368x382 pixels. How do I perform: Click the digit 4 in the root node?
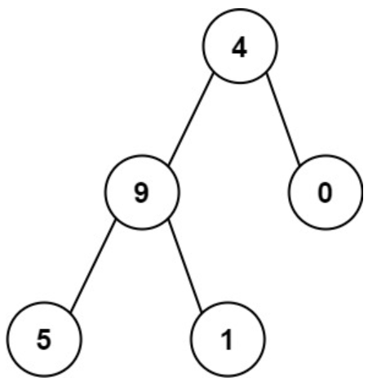(239, 49)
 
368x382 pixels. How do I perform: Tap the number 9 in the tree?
(142, 193)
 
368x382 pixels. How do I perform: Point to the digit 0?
(325, 193)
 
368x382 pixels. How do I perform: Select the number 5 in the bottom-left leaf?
(44, 340)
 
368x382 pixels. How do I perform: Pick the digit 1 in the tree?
(227, 340)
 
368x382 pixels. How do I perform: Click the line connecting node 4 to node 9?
(190, 119)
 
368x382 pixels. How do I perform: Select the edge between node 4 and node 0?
(283, 119)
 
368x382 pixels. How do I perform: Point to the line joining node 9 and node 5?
(93, 265)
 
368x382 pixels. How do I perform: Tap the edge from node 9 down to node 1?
(185, 266)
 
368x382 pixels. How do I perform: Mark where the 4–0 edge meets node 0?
(300, 165)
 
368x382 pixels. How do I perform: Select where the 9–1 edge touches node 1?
(202, 312)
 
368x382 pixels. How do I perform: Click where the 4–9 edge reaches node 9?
(169, 164)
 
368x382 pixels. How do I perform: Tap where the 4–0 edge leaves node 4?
(266, 73)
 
